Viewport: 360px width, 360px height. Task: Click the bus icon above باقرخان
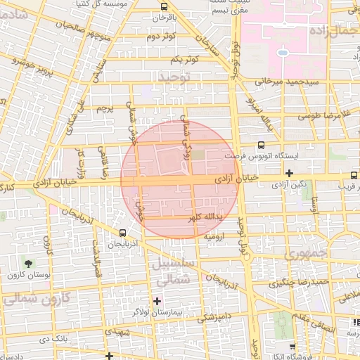pos(164,5)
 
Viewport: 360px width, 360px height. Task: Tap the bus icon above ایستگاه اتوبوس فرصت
pos(252,146)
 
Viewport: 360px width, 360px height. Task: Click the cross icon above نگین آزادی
pos(289,173)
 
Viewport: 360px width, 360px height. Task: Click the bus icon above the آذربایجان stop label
pos(123,233)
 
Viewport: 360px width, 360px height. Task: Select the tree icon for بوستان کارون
pos(28,264)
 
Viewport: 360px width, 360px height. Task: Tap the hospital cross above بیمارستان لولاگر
pos(157,301)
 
